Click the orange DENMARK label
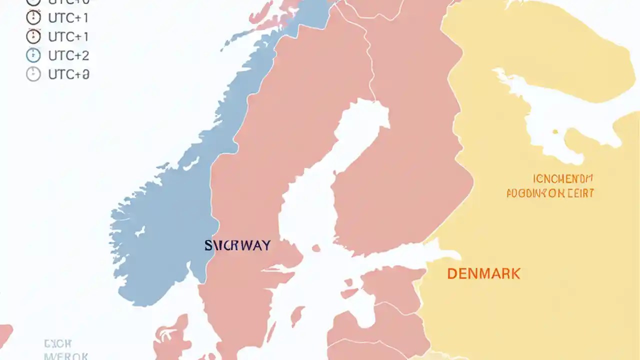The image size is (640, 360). (x=483, y=273)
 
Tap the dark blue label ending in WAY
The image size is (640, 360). (x=237, y=245)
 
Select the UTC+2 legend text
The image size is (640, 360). (x=68, y=55)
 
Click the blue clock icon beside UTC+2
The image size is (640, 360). (x=33, y=55)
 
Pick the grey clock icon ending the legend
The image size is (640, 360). (x=33, y=74)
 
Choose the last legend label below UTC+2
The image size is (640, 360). (x=68, y=74)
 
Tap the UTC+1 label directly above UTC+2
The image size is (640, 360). (x=68, y=36)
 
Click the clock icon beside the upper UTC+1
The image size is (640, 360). (x=33, y=18)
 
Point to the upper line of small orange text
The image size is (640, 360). (x=563, y=178)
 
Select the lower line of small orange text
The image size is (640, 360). (x=550, y=193)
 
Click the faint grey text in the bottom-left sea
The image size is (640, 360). (x=58, y=349)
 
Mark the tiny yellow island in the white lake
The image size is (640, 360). (x=555, y=132)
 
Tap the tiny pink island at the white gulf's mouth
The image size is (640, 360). (x=315, y=248)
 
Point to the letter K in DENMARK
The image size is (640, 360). (x=515, y=273)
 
